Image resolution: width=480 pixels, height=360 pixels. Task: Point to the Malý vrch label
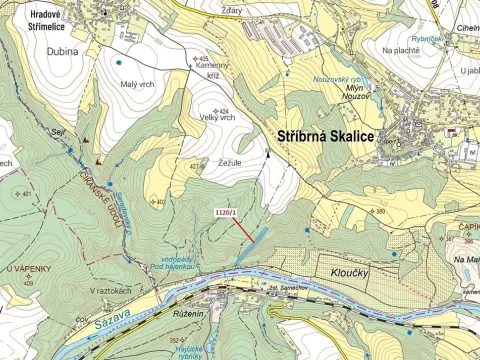pos(136,83)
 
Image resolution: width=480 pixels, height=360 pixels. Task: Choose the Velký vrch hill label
pos(217,117)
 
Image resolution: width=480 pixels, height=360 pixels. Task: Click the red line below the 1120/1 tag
pos(240,227)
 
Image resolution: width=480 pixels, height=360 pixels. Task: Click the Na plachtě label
pos(402,49)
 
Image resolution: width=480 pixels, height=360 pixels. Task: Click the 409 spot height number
pos(30,283)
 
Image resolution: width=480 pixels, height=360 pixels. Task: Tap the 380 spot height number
pos(380,212)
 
